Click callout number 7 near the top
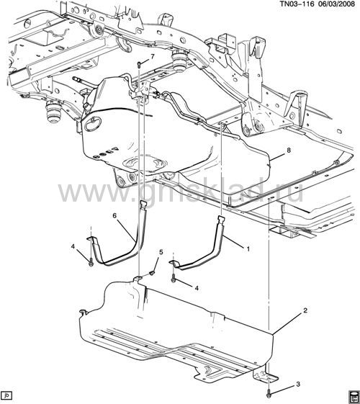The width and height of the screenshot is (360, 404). [x=153, y=56]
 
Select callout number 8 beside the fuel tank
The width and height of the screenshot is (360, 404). [x=289, y=150]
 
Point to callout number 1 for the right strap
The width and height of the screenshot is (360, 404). [x=248, y=249]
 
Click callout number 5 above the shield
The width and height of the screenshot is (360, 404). [x=161, y=252]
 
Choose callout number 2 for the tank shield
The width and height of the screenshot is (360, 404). [x=305, y=310]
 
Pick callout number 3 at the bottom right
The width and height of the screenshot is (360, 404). [x=298, y=385]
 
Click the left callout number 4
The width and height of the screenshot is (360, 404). [x=73, y=247]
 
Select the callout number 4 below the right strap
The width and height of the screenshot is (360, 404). [x=197, y=288]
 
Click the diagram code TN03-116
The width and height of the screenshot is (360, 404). [x=296, y=4]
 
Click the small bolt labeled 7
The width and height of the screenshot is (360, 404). [x=138, y=64]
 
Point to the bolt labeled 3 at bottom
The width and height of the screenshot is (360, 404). [x=269, y=394]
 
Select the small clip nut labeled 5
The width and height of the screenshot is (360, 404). [x=153, y=273]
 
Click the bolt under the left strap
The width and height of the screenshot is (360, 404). [x=91, y=263]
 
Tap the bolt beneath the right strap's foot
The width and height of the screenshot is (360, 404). [x=174, y=278]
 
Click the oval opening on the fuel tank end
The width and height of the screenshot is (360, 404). [x=93, y=125]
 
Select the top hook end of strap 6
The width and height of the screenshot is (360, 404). [x=143, y=204]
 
